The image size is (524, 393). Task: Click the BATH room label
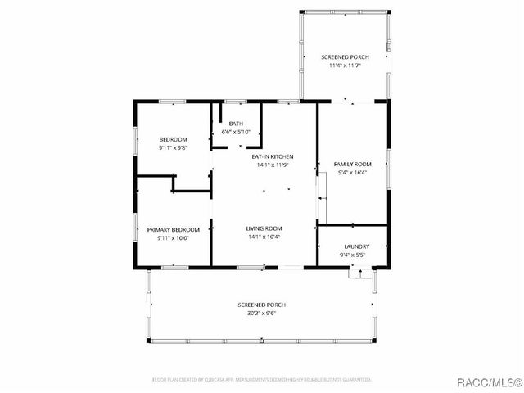(236, 123)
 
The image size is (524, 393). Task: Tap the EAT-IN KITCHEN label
(273, 156)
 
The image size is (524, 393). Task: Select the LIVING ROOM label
(264, 228)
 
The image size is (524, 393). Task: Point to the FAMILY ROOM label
(352, 164)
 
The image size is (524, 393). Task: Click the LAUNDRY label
(356, 246)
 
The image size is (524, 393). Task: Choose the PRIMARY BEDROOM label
(174, 230)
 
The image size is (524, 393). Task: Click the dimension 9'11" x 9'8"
(173, 148)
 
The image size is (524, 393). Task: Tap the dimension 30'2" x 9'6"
(261, 314)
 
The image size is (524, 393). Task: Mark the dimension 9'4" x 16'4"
(352, 173)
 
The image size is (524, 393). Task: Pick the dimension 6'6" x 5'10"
(236, 132)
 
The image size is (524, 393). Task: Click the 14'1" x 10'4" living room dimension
(264, 237)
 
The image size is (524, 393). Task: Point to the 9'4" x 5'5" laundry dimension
(356, 255)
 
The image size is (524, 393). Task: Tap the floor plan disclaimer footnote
(262, 380)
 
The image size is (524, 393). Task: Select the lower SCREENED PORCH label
(261, 305)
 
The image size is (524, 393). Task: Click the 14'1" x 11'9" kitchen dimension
(273, 165)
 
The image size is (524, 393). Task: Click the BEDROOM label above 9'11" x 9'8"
(173, 139)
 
